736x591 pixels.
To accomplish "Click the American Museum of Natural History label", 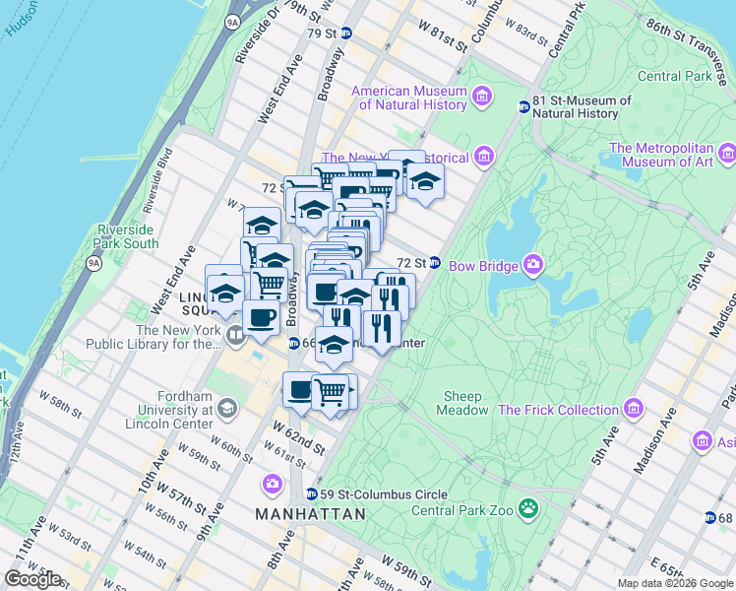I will click(x=411, y=98).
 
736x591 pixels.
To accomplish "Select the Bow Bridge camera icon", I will click(x=533, y=264).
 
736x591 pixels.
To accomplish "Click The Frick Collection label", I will click(x=558, y=410).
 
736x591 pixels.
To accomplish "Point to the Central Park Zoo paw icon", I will click(x=529, y=509).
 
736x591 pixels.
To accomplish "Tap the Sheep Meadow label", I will click(x=463, y=403).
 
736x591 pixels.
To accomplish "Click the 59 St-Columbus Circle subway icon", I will click(x=311, y=494).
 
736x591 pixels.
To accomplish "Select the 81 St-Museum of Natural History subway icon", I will click(x=523, y=106).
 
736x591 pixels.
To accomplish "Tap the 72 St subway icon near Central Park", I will click(x=434, y=263).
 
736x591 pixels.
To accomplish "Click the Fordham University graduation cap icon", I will click(x=227, y=408).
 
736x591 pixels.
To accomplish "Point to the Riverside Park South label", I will click(x=127, y=236).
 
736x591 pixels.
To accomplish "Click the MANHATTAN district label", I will click(x=310, y=514).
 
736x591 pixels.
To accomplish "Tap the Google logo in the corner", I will click(x=32, y=579).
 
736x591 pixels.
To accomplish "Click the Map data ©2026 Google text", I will click(x=674, y=583).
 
